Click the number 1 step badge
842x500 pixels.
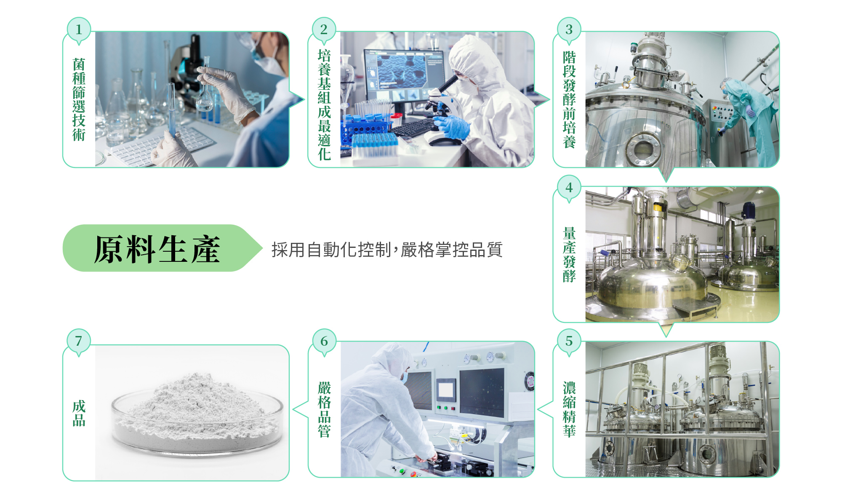[x=79, y=30]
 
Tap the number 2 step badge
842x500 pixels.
[x=324, y=30]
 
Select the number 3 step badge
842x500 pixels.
[x=569, y=30]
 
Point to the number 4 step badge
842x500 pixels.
[x=569, y=187]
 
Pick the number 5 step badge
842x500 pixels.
[x=569, y=341]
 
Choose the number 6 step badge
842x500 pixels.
[x=324, y=341]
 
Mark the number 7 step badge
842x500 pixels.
[x=79, y=341]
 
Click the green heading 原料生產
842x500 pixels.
[x=157, y=249]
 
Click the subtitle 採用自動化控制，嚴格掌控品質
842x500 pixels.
[x=387, y=250]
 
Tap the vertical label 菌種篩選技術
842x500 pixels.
[x=79, y=99]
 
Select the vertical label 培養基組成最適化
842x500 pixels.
[x=324, y=105]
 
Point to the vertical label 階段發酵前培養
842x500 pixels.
[x=569, y=99]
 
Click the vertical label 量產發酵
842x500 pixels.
[x=569, y=255]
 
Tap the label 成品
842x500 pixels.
[x=79, y=413]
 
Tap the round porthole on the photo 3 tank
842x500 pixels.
[x=643, y=148]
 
